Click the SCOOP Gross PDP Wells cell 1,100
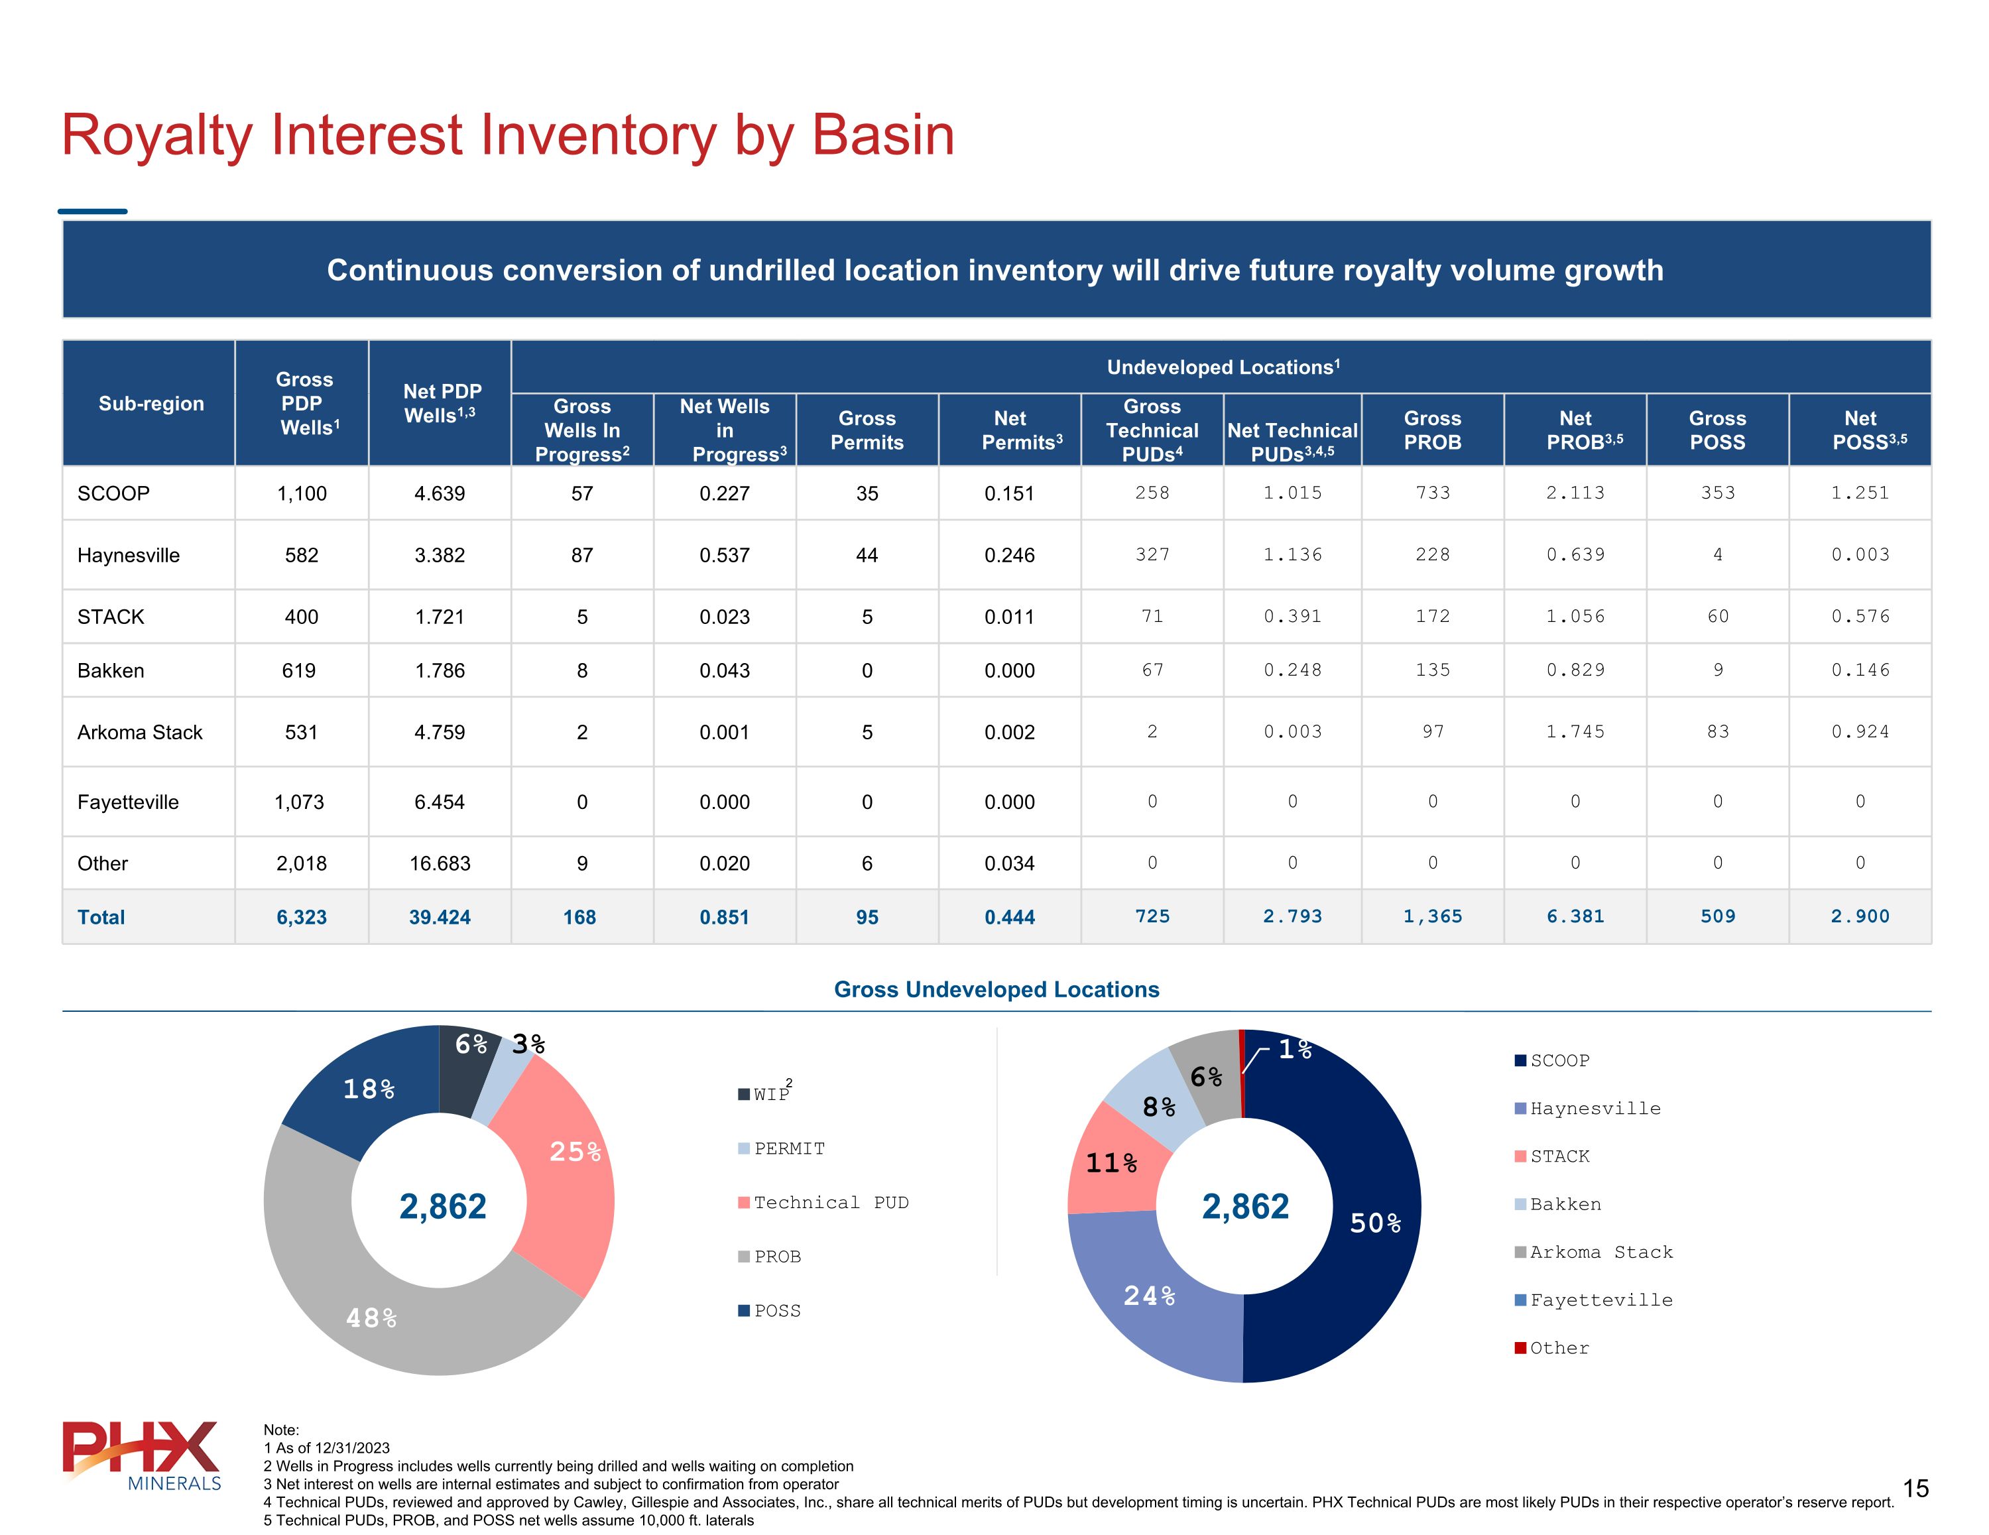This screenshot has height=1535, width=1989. (302, 494)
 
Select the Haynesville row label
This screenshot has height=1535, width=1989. (129, 556)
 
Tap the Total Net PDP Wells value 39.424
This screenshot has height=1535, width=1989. (439, 918)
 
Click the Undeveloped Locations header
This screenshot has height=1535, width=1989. (1222, 367)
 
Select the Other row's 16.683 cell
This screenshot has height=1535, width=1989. (439, 863)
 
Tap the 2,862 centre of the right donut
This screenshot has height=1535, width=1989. (1245, 1207)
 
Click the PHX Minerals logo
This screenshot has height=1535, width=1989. (142, 1455)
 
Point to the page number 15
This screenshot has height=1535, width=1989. (1915, 1489)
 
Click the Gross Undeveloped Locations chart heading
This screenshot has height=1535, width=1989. (996, 990)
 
